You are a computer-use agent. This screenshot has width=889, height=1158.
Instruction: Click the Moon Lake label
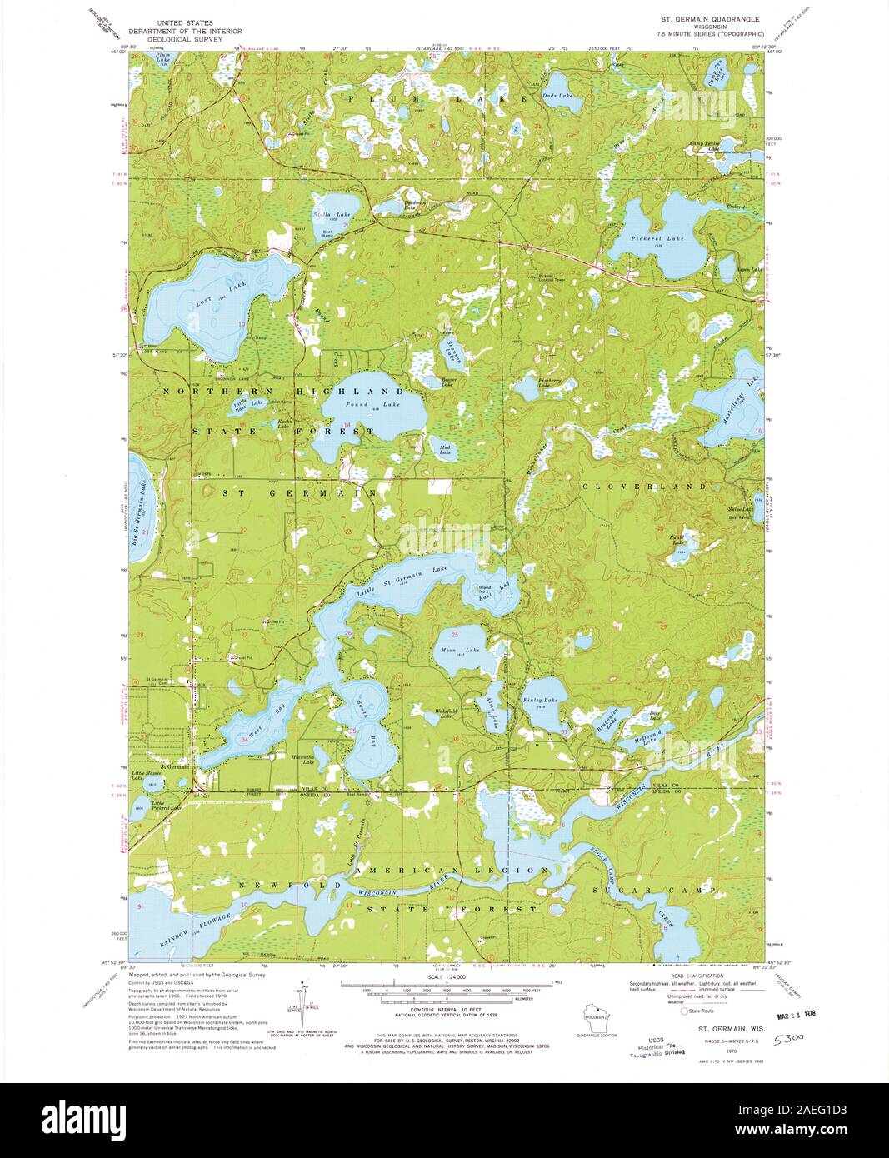click(x=461, y=649)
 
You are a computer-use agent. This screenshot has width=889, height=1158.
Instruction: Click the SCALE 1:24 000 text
click(x=445, y=976)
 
